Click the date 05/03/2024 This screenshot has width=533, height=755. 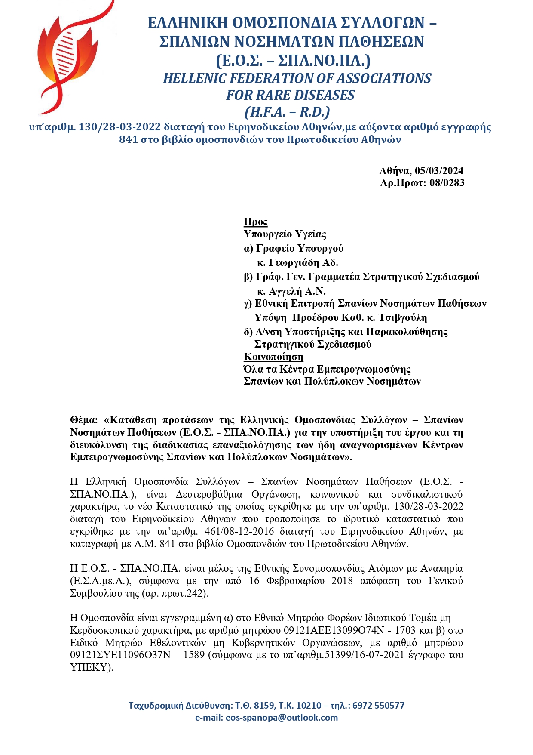coord(439,171)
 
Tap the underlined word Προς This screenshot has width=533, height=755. coord(255,222)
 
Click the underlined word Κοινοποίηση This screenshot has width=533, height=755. coord(273,357)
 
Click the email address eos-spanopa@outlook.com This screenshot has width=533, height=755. coord(282,718)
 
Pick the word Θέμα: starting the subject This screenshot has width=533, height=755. coord(84,420)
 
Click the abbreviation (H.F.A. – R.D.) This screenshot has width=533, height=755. coord(287,112)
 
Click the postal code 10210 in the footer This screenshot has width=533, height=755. coord(309,706)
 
